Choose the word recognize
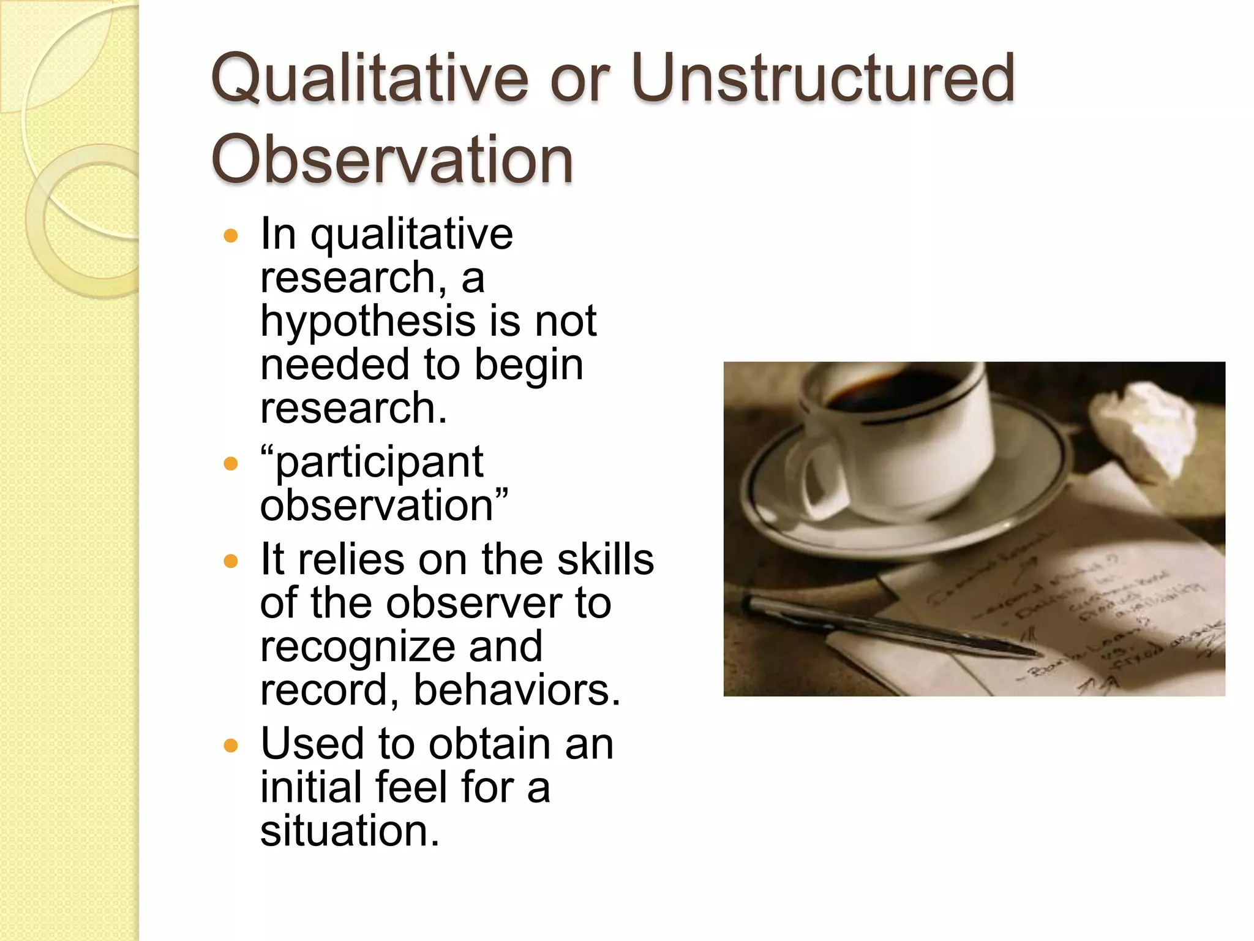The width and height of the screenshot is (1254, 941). (356, 648)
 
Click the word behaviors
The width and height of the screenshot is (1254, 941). (516, 690)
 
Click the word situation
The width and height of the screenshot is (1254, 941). (350, 831)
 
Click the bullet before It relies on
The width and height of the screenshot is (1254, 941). (231, 561)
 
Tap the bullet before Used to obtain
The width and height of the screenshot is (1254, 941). (231, 746)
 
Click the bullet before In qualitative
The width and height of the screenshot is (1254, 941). (231, 236)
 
